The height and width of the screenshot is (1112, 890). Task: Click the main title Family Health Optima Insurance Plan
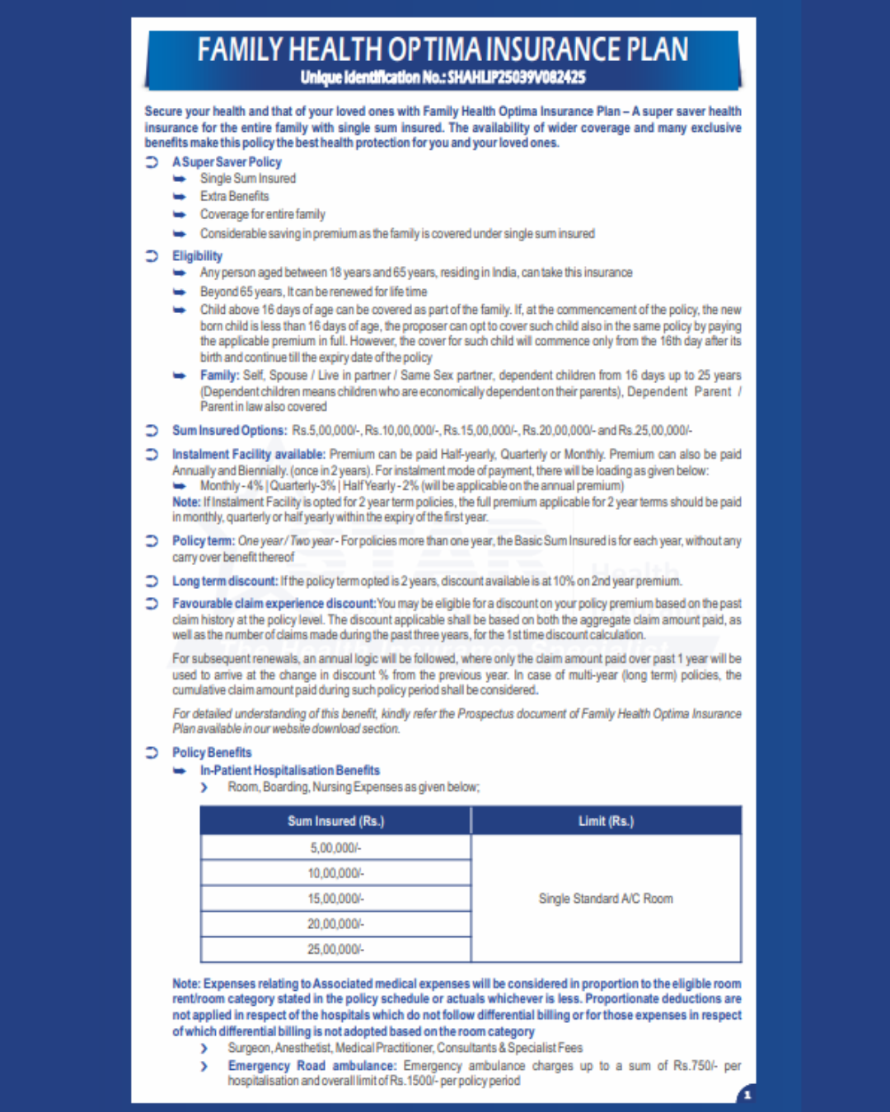tap(443, 49)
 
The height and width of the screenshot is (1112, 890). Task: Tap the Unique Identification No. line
tap(443, 77)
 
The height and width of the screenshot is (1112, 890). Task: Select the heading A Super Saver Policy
tap(227, 162)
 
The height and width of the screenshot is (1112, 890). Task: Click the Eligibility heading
tap(197, 256)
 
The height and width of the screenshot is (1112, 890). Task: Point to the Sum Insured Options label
tap(229, 431)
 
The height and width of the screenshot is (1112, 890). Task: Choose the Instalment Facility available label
tap(248, 455)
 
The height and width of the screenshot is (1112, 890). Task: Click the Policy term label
tap(203, 541)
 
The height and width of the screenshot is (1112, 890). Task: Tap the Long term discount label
tap(225, 582)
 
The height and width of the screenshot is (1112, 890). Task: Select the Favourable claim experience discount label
tap(274, 604)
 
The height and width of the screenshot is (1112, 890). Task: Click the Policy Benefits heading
tap(212, 753)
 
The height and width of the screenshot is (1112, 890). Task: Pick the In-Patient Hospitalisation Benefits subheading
tap(290, 771)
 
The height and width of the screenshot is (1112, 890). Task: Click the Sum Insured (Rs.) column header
tap(335, 821)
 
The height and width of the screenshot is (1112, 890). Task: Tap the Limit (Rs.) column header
tap(606, 821)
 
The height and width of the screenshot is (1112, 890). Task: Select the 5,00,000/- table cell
tap(335, 848)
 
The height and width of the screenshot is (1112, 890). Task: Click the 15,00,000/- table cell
tap(335, 899)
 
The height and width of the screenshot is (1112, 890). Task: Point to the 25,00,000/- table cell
tap(335, 950)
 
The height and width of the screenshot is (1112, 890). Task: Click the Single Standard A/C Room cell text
tap(606, 899)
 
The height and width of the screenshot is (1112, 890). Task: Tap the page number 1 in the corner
tap(747, 1095)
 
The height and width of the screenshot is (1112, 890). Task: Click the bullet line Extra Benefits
tap(234, 197)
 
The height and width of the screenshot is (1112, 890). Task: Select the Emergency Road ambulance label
tap(311, 1066)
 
